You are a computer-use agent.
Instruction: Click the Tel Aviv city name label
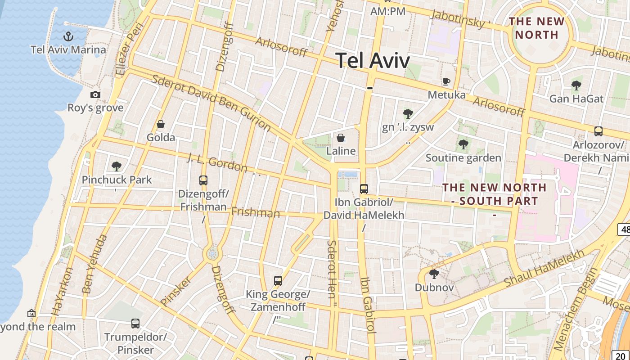click(373, 61)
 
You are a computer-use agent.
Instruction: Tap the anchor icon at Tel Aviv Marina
click(68, 36)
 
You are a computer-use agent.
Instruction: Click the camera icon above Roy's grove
click(95, 94)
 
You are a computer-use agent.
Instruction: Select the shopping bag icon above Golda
click(161, 124)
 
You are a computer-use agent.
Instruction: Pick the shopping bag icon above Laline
click(341, 138)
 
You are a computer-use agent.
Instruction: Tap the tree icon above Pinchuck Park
click(117, 166)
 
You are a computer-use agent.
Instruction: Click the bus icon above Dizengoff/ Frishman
click(203, 180)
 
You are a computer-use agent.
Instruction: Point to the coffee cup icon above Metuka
click(446, 81)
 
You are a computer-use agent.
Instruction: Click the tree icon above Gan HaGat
click(576, 85)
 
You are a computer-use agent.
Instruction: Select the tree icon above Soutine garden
click(463, 144)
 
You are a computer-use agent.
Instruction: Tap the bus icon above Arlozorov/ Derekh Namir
click(598, 131)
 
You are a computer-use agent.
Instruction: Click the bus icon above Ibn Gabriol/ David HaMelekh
click(364, 189)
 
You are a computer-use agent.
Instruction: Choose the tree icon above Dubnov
click(434, 274)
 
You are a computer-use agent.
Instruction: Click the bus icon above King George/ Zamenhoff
click(278, 281)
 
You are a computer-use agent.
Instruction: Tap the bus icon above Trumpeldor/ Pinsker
click(135, 323)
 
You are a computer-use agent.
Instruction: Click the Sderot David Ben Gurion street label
click(211, 103)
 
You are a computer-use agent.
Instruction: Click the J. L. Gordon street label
click(217, 163)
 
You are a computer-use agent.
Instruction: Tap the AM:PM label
click(388, 11)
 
